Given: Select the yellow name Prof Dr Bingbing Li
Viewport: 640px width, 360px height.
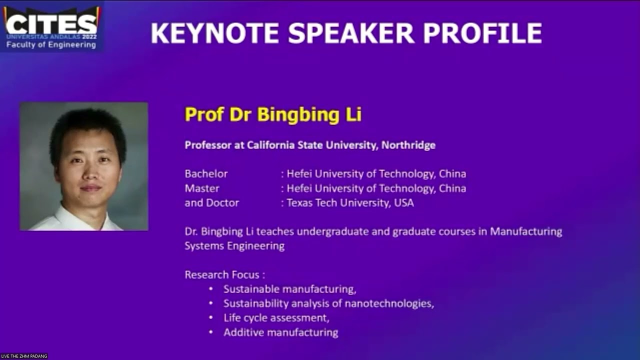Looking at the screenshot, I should point(273,114).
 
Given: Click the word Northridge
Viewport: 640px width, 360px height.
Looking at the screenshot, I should point(408,145).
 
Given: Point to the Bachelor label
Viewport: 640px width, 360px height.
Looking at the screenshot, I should point(206,174).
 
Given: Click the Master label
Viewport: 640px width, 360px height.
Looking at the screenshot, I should point(202,188).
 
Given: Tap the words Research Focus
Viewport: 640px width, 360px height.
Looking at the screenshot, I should point(224,274).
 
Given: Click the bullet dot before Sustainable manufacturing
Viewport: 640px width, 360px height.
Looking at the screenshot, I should point(211,289).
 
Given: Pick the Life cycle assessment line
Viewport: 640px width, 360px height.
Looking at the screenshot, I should point(276,318).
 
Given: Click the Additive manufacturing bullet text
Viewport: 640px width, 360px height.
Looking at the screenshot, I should point(280,332).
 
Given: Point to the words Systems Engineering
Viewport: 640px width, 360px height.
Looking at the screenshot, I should point(234,246).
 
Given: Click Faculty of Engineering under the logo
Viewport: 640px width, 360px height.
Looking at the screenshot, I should point(51,45).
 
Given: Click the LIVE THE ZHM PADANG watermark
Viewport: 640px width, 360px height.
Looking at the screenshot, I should point(24,356).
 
